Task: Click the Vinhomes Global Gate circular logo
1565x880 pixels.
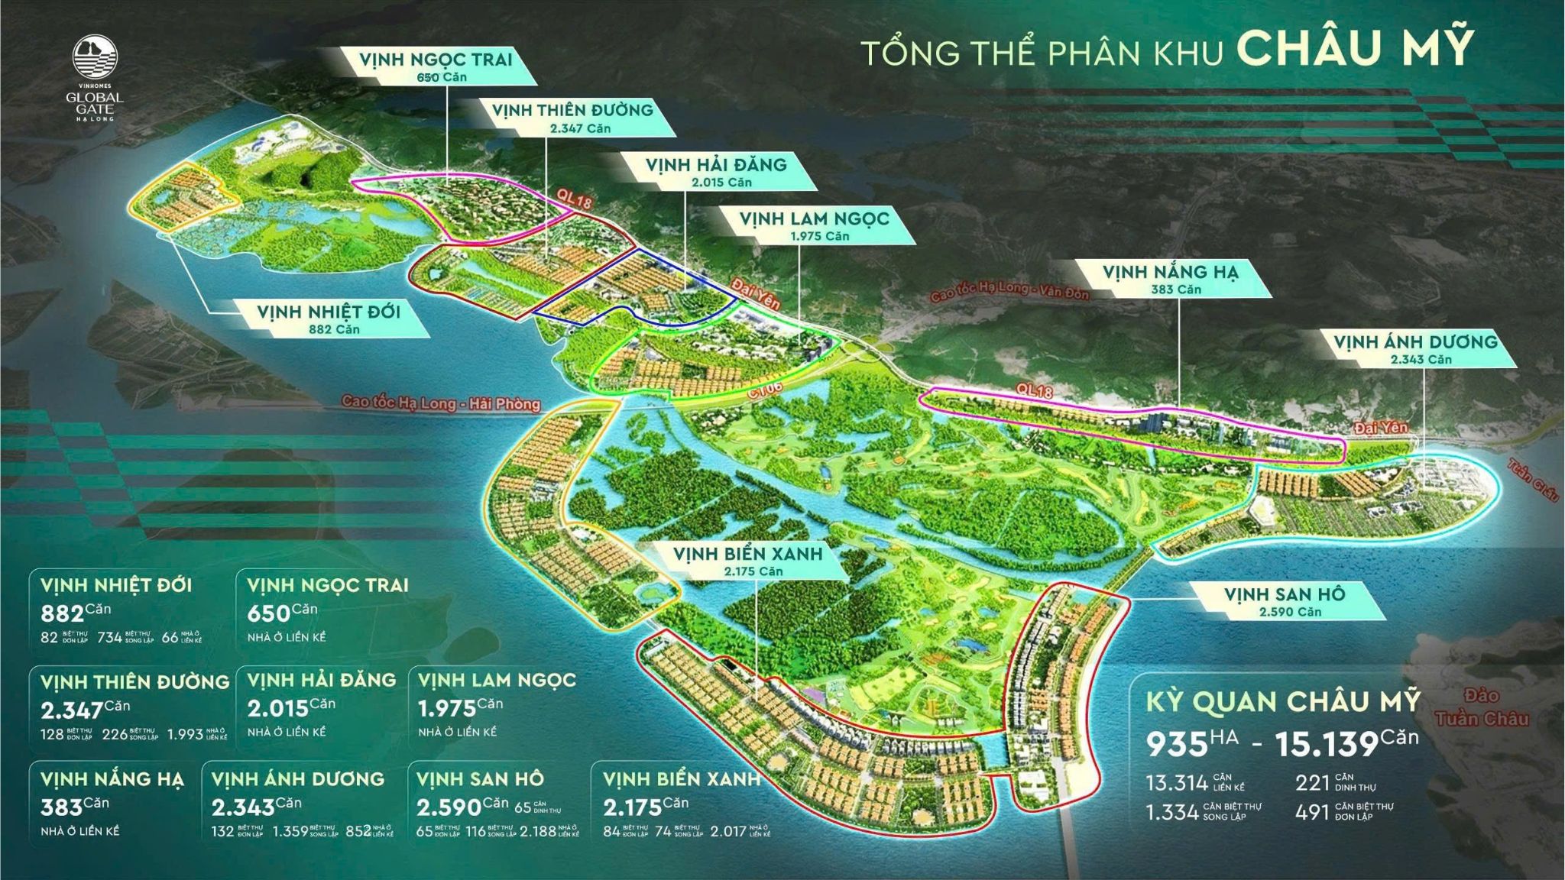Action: tap(95, 59)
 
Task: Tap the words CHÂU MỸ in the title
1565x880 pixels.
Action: tap(1354, 48)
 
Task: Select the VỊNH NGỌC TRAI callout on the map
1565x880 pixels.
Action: tap(436, 66)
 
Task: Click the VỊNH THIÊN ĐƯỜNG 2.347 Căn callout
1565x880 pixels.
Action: tap(572, 118)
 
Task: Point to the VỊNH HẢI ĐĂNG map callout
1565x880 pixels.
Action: tap(715, 171)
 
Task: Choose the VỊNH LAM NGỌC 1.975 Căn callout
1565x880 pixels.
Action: tap(814, 225)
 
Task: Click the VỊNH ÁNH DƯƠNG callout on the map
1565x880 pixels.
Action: tap(1415, 349)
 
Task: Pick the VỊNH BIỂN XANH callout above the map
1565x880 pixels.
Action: tap(747, 561)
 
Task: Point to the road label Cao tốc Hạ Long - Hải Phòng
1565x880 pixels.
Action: tap(441, 403)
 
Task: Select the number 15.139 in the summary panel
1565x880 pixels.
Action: tap(1326, 744)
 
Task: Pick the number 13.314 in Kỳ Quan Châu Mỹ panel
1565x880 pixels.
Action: tap(1177, 783)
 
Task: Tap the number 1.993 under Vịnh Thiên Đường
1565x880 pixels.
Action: tap(185, 735)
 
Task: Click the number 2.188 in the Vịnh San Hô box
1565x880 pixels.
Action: tap(538, 832)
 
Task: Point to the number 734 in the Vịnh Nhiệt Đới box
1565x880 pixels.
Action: tap(109, 637)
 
